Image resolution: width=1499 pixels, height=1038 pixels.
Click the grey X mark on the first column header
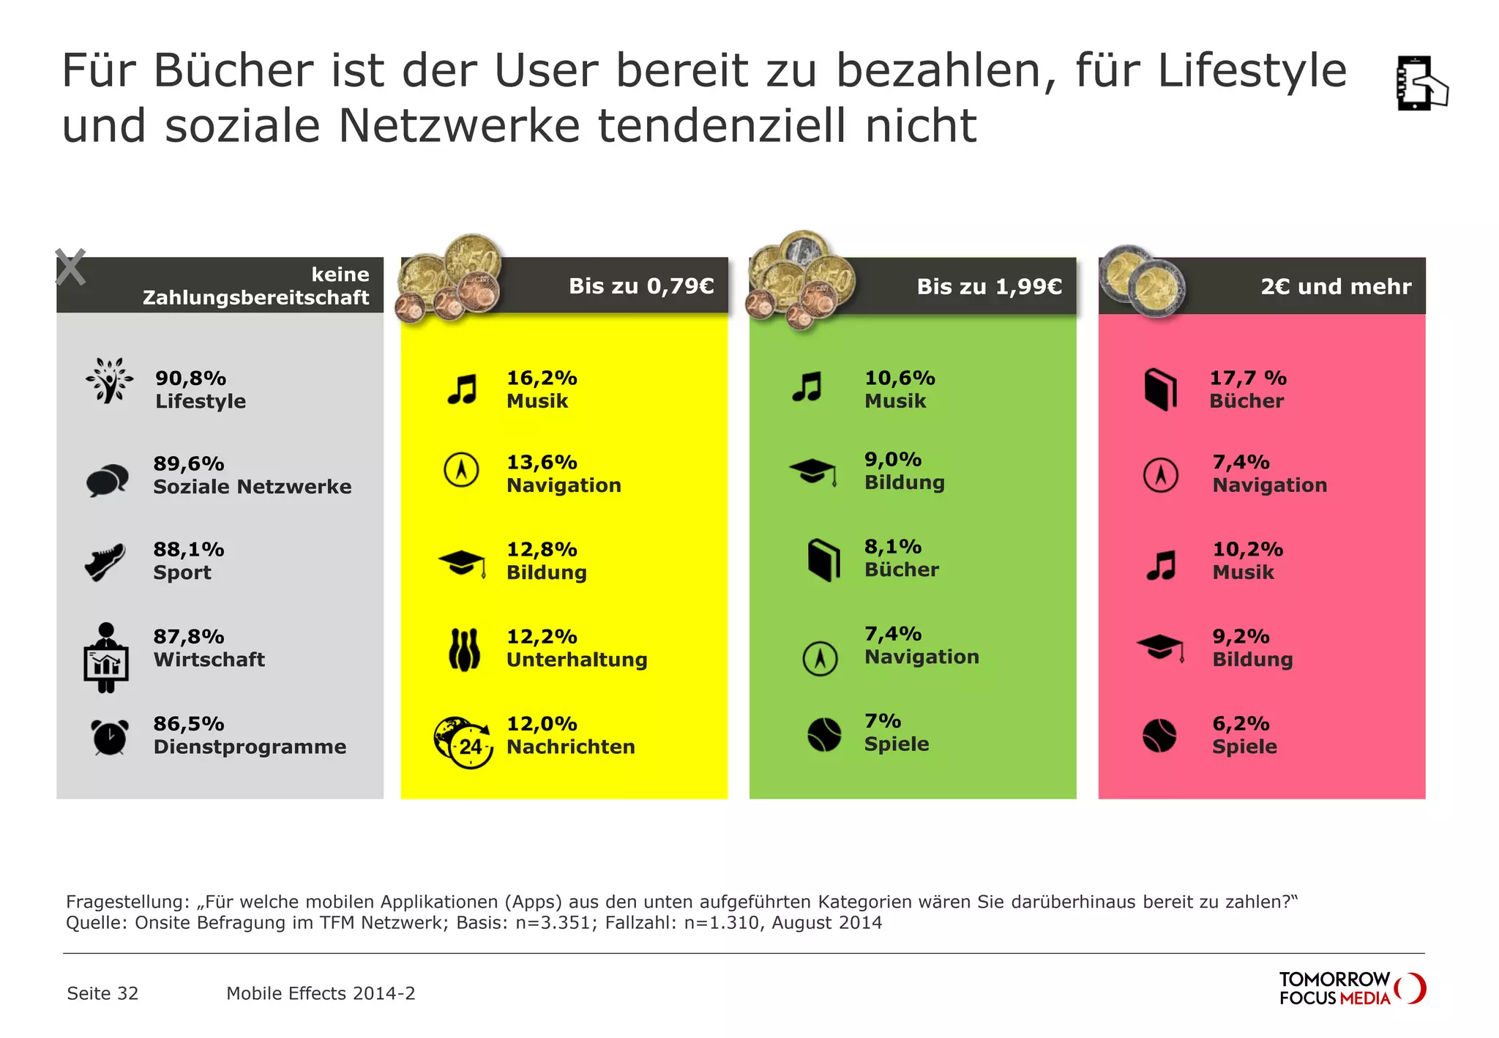pyautogui.click(x=71, y=267)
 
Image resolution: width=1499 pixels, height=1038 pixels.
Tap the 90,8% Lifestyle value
pyautogui.click(x=190, y=378)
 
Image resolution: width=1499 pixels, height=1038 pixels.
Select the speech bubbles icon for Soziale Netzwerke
pyautogui.click(x=107, y=480)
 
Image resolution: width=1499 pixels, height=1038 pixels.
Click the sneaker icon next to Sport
pyautogui.click(x=105, y=562)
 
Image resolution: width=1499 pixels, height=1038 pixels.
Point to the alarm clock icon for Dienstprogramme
pyautogui.click(x=109, y=736)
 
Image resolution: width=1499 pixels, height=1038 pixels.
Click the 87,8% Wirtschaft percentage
pyautogui.click(x=188, y=637)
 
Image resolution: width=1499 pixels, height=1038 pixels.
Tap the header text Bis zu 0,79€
pyautogui.click(x=641, y=286)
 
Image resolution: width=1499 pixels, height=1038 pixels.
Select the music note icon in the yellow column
pyautogui.click(x=463, y=389)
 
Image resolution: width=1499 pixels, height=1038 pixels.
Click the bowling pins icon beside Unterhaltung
pyautogui.click(x=464, y=650)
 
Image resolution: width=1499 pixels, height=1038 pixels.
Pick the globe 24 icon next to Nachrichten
pyautogui.click(x=463, y=742)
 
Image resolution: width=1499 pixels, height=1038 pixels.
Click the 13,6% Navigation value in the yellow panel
pyautogui.click(x=542, y=463)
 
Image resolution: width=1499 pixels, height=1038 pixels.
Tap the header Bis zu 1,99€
pyautogui.click(x=989, y=286)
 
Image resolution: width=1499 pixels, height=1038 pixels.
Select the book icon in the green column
pyautogui.click(x=823, y=560)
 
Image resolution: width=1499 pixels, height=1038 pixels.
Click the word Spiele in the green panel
pyautogui.click(x=897, y=744)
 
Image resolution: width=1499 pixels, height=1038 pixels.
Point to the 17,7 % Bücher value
pyautogui.click(x=1247, y=378)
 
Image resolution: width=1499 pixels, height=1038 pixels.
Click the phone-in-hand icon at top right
pyautogui.click(x=1421, y=83)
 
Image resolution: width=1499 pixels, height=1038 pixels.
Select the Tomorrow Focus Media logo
pyautogui.click(x=1351, y=988)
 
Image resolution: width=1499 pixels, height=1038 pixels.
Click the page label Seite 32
pyautogui.click(x=102, y=993)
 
